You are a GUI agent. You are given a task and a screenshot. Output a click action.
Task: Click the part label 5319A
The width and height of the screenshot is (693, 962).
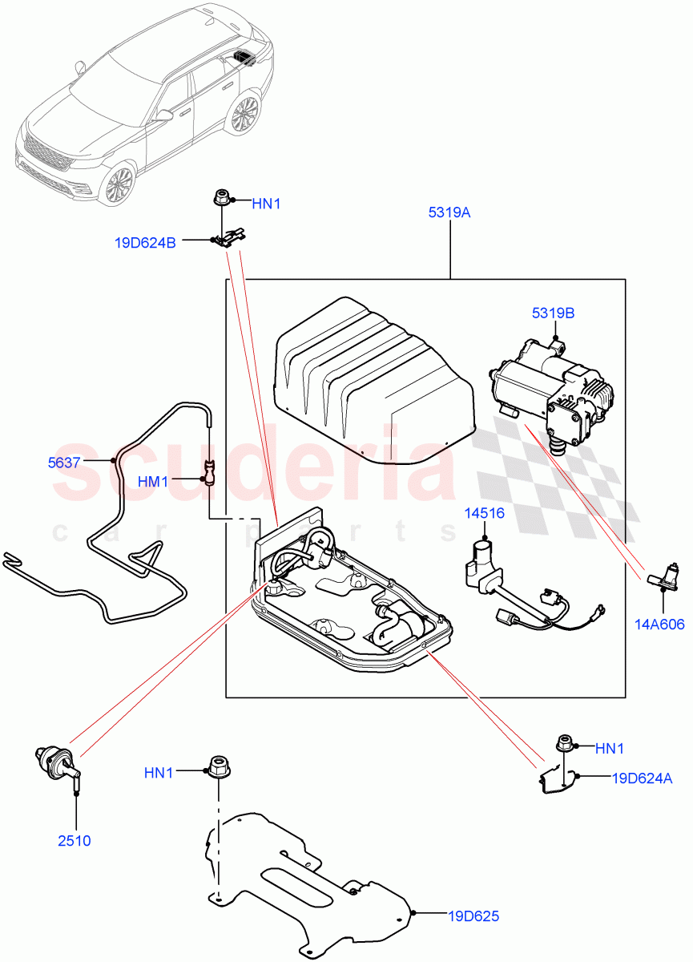pos(450,213)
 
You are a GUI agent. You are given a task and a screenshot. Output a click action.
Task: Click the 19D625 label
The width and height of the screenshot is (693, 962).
pos(473,916)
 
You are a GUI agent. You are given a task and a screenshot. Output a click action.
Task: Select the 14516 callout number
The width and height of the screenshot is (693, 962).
pos(485,513)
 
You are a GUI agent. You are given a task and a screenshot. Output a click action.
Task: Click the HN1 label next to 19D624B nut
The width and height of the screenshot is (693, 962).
pos(267,204)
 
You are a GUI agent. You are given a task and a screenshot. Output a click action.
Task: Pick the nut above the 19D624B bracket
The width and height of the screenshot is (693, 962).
pos(220,198)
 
